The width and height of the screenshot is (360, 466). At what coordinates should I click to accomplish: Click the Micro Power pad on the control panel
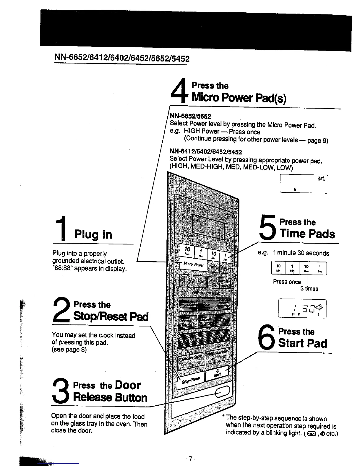pyautogui.click(x=193, y=264)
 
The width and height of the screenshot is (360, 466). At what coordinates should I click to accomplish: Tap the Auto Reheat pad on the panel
pyautogui.click(x=193, y=281)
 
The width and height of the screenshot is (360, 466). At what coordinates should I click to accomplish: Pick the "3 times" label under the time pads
pyautogui.click(x=309, y=289)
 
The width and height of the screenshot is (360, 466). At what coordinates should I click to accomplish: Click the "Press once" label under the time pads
pyautogui.click(x=287, y=282)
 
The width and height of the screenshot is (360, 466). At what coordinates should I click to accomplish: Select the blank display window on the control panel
pyautogui.click(x=208, y=226)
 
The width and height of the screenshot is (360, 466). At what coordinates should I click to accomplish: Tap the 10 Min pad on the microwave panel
pyautogui.click(x=187, y=251)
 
